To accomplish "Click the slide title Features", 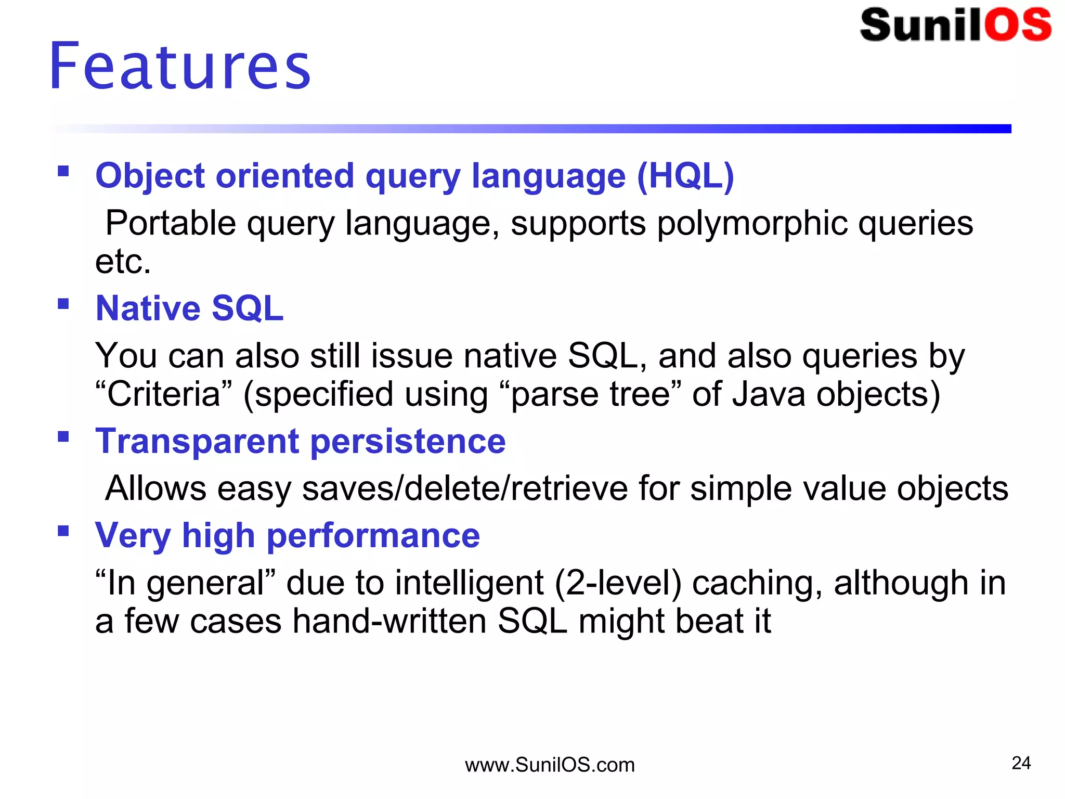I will tap(179, 67).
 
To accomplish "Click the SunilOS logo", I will tap(956, 25).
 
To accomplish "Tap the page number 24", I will tap(1021, 763).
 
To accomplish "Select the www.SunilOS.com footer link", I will tap(550, 765).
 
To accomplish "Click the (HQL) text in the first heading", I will tap(685, 176).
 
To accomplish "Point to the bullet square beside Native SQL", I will tap(63, 303).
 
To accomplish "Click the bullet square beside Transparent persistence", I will tap(63, 436).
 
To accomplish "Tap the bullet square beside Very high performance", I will tap(63, 531).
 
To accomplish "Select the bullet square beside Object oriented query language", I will tap(63, 171).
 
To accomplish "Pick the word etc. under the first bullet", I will tap(123, 262).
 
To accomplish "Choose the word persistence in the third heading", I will tap(408, 442).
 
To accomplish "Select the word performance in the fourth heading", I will tap(373, 536).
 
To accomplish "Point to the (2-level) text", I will tap(618, 583).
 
